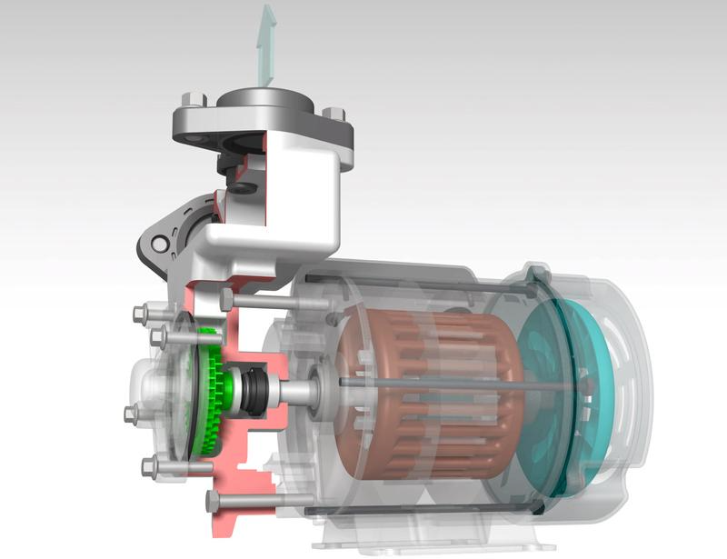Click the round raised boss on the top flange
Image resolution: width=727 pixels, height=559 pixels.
click(264, 99)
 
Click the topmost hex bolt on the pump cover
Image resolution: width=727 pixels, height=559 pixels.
click(140, 314)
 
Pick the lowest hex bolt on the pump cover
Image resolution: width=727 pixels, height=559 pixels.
click(151, 467)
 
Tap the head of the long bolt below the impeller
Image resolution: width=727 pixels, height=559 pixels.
click(214, 499)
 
